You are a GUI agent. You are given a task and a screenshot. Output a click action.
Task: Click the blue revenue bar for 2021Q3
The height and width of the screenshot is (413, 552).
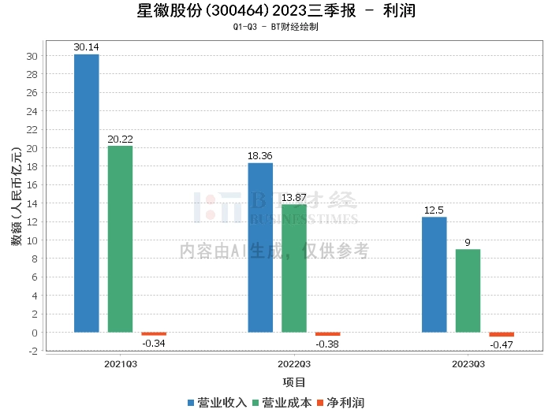coord(87,193)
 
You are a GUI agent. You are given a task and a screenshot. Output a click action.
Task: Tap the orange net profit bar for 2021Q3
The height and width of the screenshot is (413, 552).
coord(154,334)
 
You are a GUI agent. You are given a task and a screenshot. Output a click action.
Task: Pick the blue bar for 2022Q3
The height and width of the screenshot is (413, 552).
coord(260,247)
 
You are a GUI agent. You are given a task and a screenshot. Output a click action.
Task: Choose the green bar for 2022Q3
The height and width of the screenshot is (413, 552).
coord(294,268)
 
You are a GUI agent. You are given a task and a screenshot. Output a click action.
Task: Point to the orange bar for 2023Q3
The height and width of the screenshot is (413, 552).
coord(502,334)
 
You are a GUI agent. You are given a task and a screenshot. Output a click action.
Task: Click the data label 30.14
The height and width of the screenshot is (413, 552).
coord(87,47)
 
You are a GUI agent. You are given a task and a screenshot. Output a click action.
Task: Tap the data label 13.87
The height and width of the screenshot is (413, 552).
coord(294,197)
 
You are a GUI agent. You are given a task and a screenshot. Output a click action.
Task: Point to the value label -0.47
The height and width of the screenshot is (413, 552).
coord(502,345)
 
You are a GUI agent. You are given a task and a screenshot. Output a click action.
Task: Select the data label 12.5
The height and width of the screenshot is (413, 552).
coord(435,210)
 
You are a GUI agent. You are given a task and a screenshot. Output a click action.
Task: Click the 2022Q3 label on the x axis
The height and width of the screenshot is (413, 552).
coord(294,364)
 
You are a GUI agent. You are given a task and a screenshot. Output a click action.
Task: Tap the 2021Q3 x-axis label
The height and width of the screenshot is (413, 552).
coord(120,364)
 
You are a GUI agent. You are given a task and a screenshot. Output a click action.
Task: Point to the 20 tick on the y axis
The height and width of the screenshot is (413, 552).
coord(32,148)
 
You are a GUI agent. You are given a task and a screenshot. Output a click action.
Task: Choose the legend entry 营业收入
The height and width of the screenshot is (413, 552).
coord(218,402)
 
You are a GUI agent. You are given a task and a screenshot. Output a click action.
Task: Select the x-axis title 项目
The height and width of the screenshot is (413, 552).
coord(294,382)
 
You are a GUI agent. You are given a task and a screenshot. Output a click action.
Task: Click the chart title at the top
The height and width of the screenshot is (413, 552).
coord(276,11)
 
